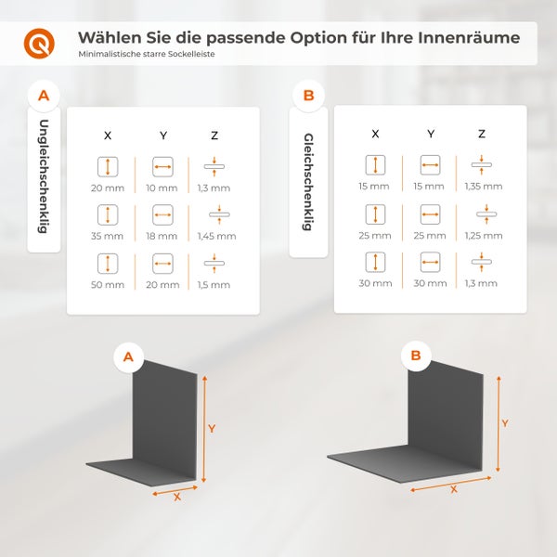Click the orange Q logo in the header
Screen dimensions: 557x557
[x=39, y=43]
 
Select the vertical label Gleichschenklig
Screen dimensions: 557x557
[x=307, y=180]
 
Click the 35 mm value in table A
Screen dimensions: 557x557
[x=108, y=237]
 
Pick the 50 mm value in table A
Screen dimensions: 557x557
[x=108, y=285]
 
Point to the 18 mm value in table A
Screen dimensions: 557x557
[x=163, y=237]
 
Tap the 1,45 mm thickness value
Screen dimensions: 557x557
[x=214, y=237]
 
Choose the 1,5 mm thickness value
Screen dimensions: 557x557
[x=214, y=285]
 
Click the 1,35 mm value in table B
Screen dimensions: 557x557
[x=482, y=187]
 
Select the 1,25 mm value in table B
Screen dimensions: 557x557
[x=482, y=235]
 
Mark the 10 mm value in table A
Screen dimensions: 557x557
[x=163, y=188]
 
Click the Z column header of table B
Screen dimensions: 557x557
[x=482, y=134]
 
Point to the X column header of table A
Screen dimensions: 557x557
[x=108, y=136]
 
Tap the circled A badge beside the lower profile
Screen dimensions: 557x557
[x=128, y=356]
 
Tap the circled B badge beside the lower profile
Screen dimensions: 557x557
[x=416, y=355]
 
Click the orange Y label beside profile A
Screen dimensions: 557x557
[x=212, y=429]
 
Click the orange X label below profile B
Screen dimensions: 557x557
[x=454, y=489]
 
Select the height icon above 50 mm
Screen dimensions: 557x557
[x=108, y=264]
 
